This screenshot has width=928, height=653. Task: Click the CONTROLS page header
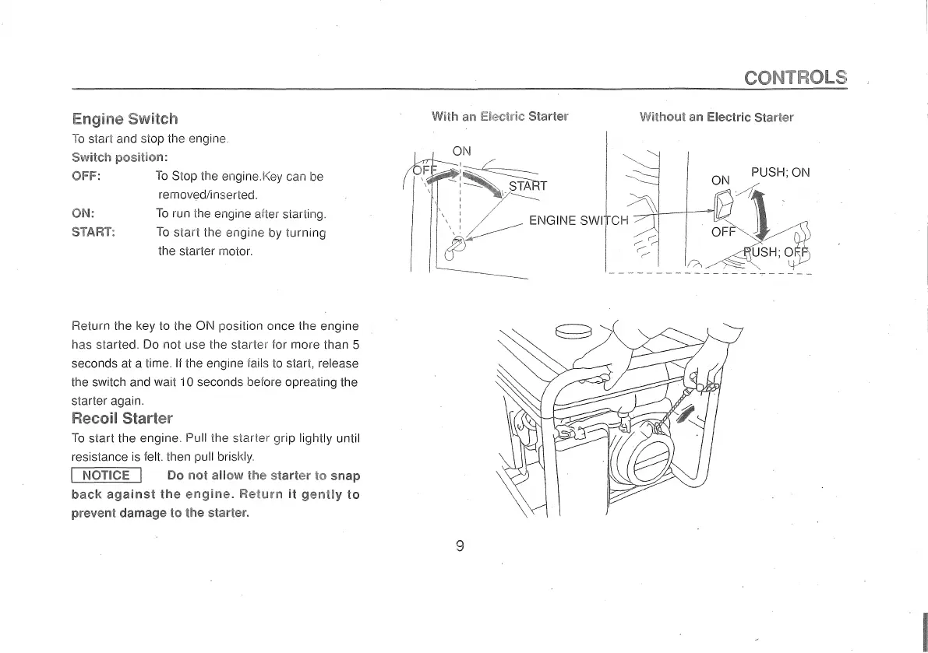click(x=795, y=77)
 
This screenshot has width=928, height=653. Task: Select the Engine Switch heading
click(x=125, y=119)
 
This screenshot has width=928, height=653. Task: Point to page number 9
click(x=460, y=546)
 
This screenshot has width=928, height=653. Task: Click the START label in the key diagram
click(x=528, y=186)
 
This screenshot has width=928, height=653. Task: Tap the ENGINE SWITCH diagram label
click(x=578, y=220)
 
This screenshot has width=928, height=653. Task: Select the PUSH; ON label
click(x=780, y=173)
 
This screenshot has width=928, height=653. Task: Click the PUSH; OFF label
click(x=776, y=251)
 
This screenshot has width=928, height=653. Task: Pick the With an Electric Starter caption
click(x=499, y=118)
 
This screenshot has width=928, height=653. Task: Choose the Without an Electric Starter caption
click(x=716, y=118)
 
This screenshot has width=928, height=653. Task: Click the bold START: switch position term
click(x=94, y=232)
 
